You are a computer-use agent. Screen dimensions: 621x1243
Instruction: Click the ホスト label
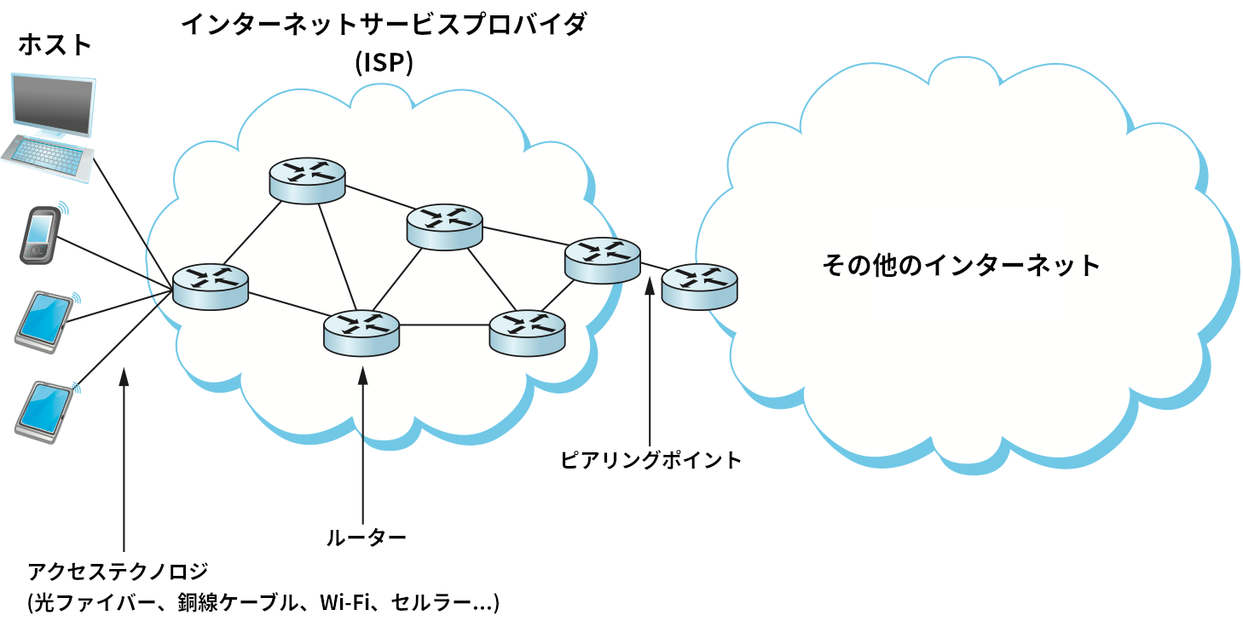click(55, 45)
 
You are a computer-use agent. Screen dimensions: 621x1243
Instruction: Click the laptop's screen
click(54, 105)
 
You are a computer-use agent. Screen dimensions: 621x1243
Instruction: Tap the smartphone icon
click(40, 233)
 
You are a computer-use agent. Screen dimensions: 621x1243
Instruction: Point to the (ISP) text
click(384, 64)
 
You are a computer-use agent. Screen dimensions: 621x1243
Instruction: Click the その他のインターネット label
click(961, 265)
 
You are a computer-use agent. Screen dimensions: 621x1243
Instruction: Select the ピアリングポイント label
click(651, 460)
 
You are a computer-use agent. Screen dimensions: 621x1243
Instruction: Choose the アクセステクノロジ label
click(118, 571)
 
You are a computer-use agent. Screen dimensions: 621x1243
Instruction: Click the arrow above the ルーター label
click(363, 443)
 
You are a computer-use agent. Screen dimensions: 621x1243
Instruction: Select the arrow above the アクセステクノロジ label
click(124, 460)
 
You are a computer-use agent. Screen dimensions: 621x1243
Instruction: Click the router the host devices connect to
click(210, 285)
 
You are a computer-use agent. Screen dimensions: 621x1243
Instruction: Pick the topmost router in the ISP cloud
click(307, 180)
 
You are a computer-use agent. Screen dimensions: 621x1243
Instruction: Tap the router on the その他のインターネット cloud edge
click(699, 286)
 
